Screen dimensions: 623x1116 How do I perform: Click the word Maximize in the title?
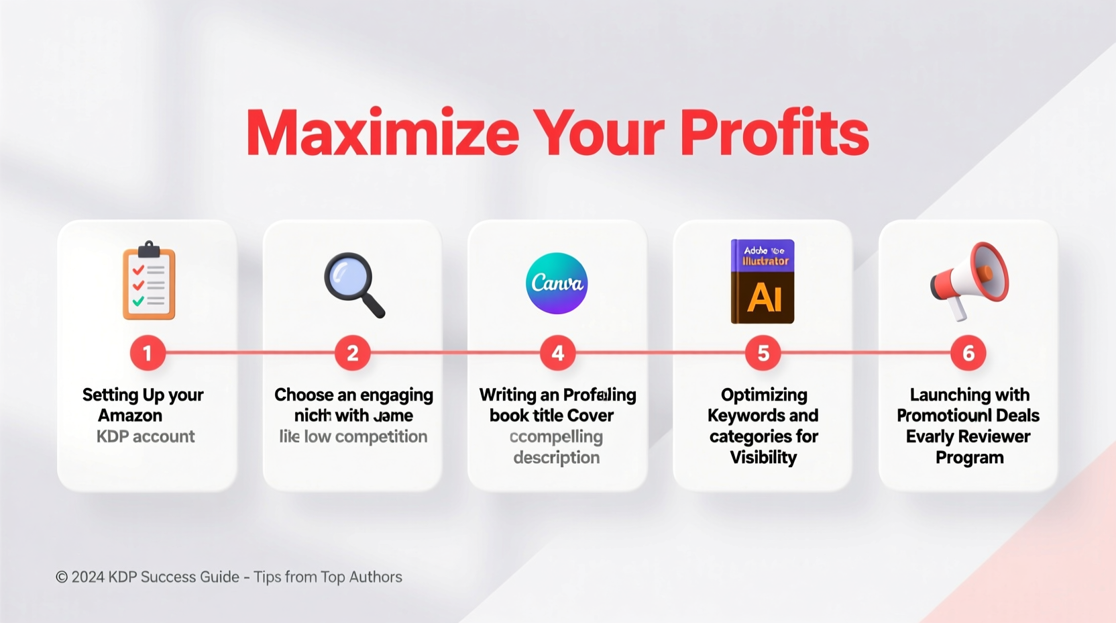click(x=382, y=132)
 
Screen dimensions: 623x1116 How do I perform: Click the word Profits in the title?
click(x=775, y=132)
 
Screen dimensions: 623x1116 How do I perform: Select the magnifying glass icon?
click(x=353, y=284)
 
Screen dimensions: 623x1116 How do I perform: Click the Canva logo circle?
click(x=557, y=283)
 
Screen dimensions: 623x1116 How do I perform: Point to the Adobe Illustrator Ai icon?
click(x=763, y=281)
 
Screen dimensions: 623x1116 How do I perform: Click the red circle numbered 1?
click(x=148, y=352)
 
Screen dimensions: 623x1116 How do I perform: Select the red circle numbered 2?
click(x=352, y=352)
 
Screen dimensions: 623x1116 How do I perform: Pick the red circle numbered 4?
click(x=557, y=352)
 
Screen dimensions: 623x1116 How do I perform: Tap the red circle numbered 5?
click(x=763, y=352)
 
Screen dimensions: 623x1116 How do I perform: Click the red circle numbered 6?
click(x=968, y=352)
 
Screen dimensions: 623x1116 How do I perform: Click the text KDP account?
click(x=146, y=436)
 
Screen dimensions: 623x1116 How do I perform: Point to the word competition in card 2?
click(x=381, y=437)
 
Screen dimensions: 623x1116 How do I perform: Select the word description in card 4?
click(x=557, y=458)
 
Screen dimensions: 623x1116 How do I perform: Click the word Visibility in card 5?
click(x=763, y=458)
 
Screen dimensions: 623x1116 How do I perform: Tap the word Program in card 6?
click(x=969, y=458)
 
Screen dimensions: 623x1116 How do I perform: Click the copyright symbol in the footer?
click(x=62, y=577)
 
